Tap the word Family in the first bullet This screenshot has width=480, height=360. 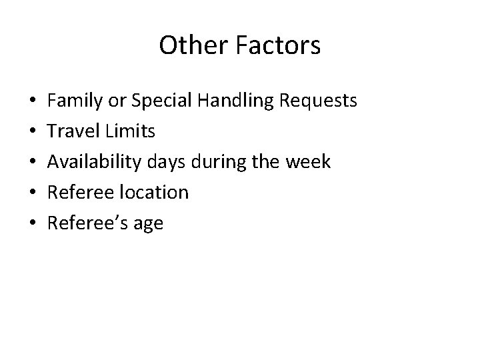(74, 101)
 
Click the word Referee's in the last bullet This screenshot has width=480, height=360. (88, 223)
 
